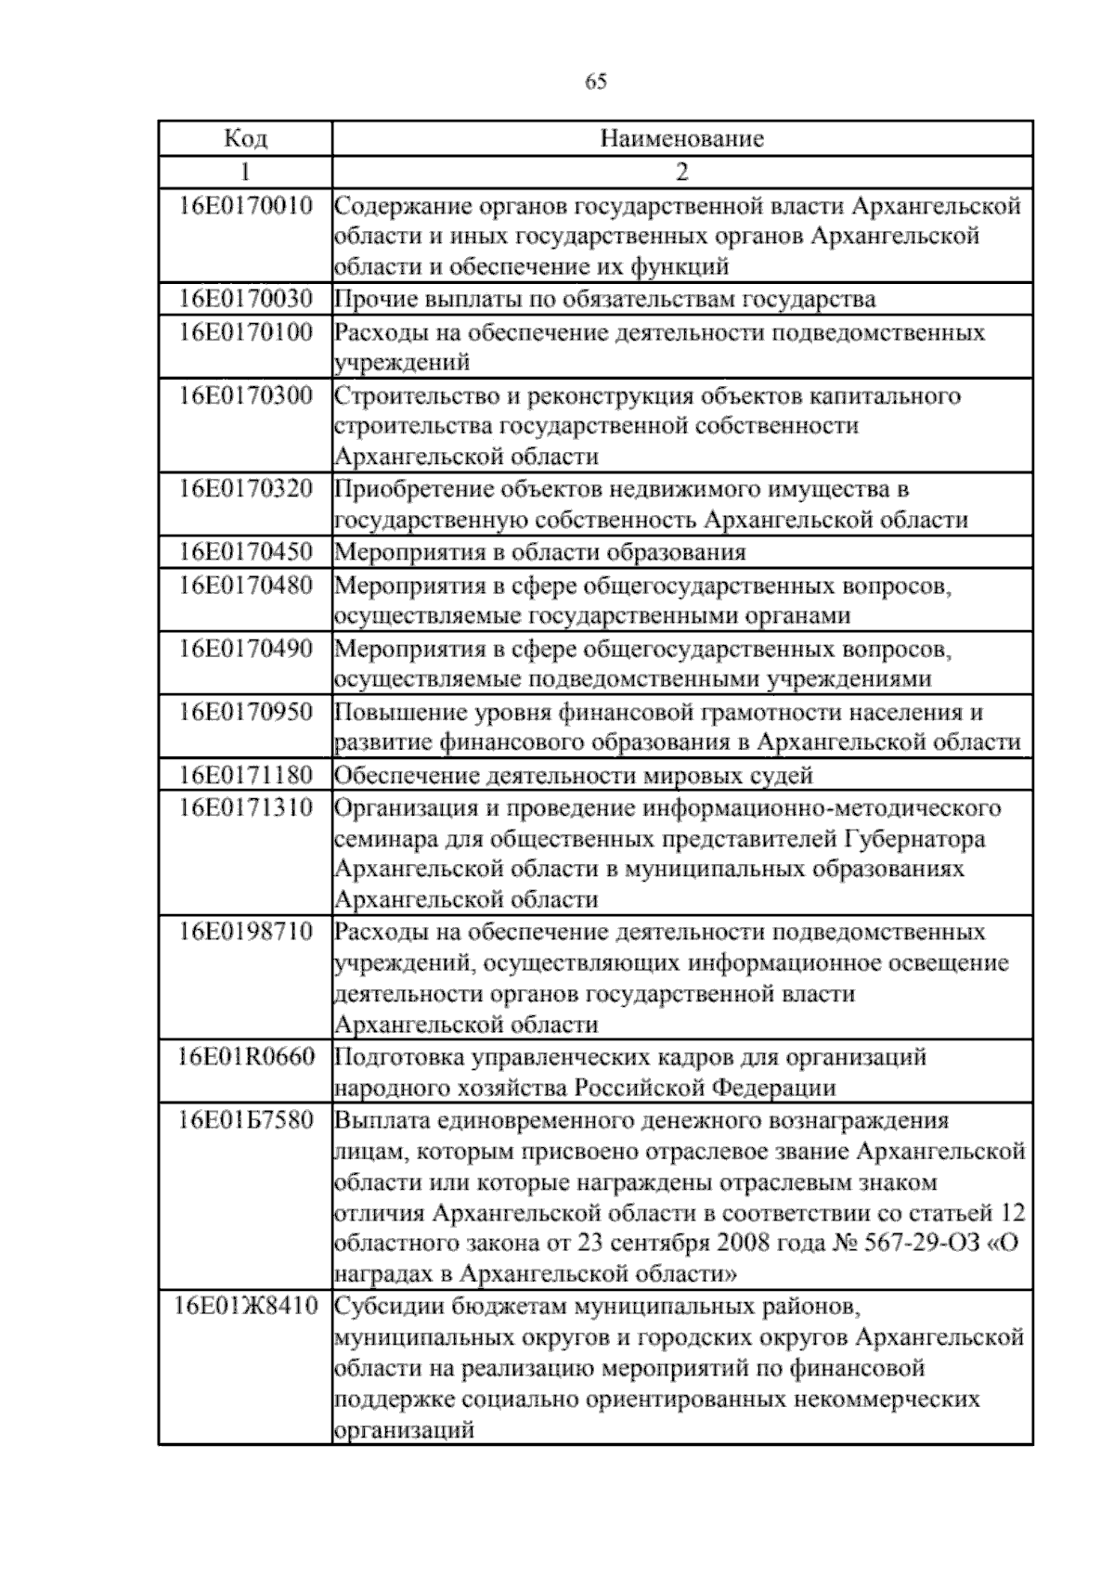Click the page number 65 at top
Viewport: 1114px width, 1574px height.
pyautogui.click(x=596, y=83)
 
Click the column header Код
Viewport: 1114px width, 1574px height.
pyautogui.click(x=245, y=139)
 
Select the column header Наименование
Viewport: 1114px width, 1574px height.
pyautogui.click(x=682, y=139)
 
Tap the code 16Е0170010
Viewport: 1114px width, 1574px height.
pyautogui.click(x=246, y=205)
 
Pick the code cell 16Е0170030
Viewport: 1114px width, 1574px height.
pyautogui.click(x=246, y=299)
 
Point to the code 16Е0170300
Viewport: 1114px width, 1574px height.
pyautogui.click(x=246, y=395)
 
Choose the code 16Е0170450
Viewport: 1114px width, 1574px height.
pyautogui.click(x=246, y=552)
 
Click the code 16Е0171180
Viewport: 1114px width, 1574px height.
pyautogui.click(x=246, y=774)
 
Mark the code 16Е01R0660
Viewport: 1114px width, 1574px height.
pyautogui.click(x=246, y=1057)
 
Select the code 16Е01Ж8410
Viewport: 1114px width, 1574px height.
pyautogui.click(x=246, y=1307)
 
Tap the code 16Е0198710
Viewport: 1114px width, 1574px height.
pyautogui.click(x=246, y=931)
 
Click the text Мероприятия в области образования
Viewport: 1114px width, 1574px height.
pyautogui.click(x=539, y=553)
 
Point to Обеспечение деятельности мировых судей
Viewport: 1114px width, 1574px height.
pyautogui.click(x=573, y=775)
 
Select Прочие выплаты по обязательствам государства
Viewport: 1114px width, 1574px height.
pyautogui.click(x=604, y=300)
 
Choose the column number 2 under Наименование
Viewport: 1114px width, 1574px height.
pyautogui.click(x=682, y=172)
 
